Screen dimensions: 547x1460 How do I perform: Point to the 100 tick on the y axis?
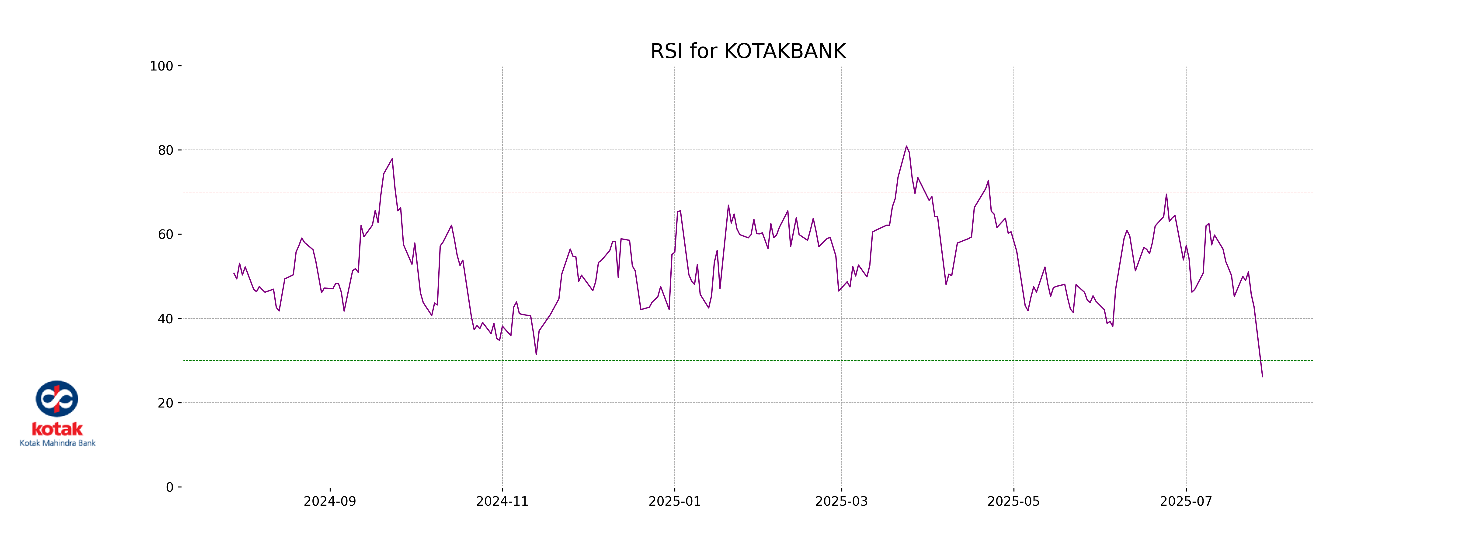[162, 66]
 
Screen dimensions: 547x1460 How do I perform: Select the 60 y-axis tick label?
[165, 234]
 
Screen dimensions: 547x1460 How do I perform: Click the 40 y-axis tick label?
[165, 319]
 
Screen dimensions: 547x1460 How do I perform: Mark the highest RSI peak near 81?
[906, 146]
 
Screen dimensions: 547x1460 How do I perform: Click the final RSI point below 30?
[1262, 377]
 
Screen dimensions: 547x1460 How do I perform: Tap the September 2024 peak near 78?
[392, 159]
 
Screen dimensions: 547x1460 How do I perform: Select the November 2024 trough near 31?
[536, 354]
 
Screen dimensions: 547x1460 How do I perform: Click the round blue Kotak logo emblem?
[57, 399]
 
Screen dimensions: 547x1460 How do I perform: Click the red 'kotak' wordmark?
[57, 429]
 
